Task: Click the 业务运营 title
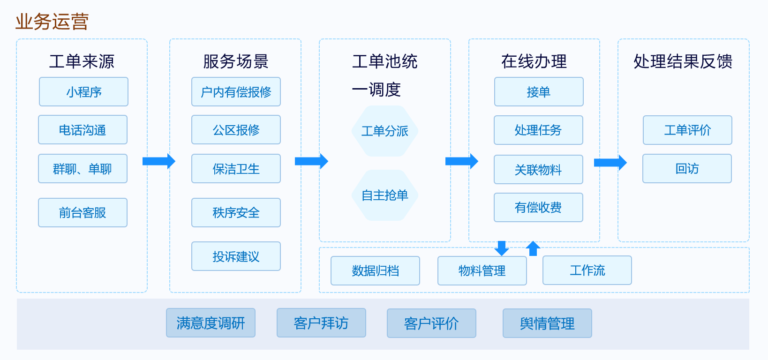(x=52, y=22)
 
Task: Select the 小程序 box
(x=83, y=92)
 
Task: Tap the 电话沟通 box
(x=83, y=130)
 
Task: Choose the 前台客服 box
(x=83, y=213)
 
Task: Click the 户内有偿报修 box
(x=236, y=92)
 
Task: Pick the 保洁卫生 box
(x=236, y=169)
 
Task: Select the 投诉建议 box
(x=236, y=256)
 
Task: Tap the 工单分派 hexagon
(x=384, y=131)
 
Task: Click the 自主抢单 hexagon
(x=384, y=195)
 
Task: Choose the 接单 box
(x=539, y=92)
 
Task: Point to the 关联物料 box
(x=538, y=170)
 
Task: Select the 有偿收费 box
(x=538, y=208)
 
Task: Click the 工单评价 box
(x=687, y=130)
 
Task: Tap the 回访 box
(x=687, y=169)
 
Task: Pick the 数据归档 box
(x=375, y=271)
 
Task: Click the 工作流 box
(x=587, y=270)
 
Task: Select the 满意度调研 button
(x=211, y=323)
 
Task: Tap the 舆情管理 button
(x=547, y=323)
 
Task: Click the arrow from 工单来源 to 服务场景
(x=158, y=161)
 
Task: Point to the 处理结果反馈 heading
(x=683, y=61)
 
